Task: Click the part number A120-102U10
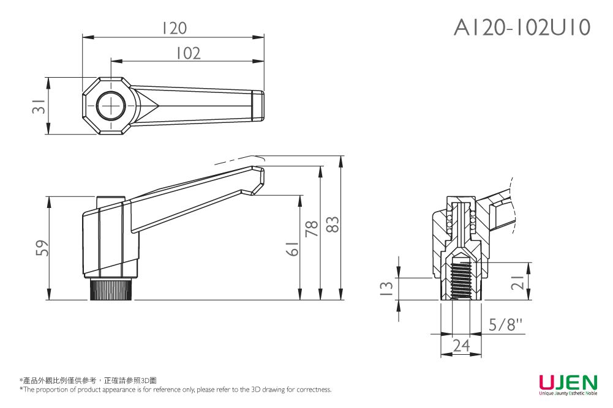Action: [522, 28]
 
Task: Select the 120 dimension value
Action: [173, 28]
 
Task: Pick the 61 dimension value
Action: [293, 249]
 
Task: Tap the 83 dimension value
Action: [333, 224]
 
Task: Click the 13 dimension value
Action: [386, 289]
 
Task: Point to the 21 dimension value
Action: [517, 282]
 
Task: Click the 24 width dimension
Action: [461, 346]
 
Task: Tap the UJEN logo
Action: [568, 384]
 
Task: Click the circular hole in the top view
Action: [111, 106]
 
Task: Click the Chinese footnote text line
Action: [88, 380]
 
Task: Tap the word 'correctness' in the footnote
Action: [314, 390]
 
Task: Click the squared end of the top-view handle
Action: [258, 106]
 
